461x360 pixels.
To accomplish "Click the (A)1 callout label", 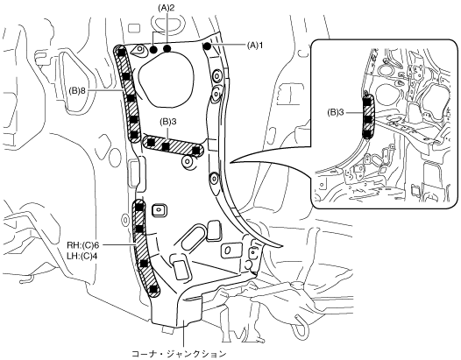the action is point(255,46).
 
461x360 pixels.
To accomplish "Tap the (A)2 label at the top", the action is point(167,8).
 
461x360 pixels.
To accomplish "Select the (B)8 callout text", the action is point(77,91).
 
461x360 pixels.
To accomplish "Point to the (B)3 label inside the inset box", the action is point(336,113).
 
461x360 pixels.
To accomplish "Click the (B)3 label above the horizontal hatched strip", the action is point(168,122).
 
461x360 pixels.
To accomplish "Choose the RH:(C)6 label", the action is point(82,245).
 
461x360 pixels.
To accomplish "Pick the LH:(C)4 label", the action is point(82,256).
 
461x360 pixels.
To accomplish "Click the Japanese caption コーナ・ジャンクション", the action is point(179,354).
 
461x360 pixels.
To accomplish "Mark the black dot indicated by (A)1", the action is point(208,46).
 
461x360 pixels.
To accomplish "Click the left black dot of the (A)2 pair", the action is point(153,49).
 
